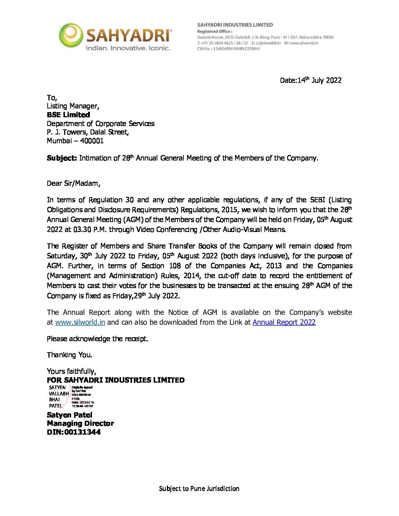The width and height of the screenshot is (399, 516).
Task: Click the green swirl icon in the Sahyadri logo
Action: pyautogui.click(x=71, y=35)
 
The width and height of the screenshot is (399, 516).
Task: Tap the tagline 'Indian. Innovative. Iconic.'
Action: pyautogui.click(x=128, y=48)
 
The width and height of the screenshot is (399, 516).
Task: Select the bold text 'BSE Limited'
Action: pyautogui.click(x=68, y=115)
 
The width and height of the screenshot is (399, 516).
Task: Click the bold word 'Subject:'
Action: pyautogui.click(x=62, y=158)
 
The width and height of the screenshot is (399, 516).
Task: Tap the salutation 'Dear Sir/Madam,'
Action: pyautogui.click(x=73, y=183)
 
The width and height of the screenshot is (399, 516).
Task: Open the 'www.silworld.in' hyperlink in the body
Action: pyautogui.click(x=80, y=322)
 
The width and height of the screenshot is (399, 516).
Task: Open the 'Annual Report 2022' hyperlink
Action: pyautogui.click(x=284, y=322)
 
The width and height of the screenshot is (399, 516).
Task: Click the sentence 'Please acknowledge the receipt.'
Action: pyautogui.click(x=97, y=339)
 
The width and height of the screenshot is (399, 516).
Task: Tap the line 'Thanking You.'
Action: pyautogui.click(x=69, y=355)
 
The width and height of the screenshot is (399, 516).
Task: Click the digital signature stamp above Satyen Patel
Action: pyautogui.click(x=71, y=397)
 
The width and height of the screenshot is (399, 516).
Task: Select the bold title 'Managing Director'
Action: pyautogui.click(x=80, y=424)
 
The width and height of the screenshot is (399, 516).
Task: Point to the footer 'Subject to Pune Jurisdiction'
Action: pyautogui.click(x=199, y=489)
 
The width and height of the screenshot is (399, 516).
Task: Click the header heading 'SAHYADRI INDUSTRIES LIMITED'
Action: pyautogui.click(x=235, y=25)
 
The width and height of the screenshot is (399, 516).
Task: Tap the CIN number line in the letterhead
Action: pyautogui.click(x=228, y=49)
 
